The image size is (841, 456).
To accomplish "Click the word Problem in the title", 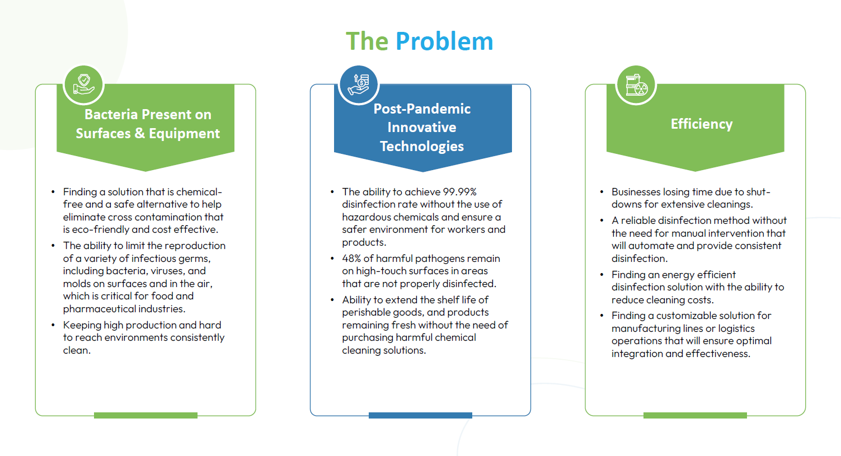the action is point(444,41).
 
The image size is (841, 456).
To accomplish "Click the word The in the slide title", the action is point(367,41).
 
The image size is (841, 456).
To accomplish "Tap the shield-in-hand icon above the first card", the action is point(83,84).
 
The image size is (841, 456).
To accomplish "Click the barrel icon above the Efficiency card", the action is point(636,85).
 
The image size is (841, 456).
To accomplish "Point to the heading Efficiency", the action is point(702,124).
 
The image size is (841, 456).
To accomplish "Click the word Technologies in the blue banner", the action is point(422,147).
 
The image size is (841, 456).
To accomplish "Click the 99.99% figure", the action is point(459,192).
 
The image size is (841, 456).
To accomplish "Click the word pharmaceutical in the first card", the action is point(99,309).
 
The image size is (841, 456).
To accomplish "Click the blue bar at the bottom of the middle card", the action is point(421,415).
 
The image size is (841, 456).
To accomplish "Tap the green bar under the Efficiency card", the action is point(695,415).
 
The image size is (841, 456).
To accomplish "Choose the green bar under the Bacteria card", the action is point(145,415).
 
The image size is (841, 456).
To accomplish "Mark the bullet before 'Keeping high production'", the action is point(53,325).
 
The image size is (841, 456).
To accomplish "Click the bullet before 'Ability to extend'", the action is point(332,300).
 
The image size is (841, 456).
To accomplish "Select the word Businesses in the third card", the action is point(636,192).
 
